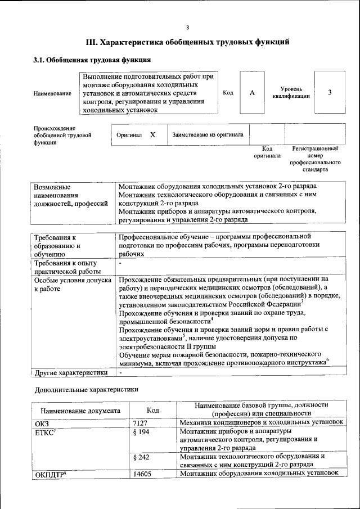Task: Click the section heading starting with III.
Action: pos(187,42)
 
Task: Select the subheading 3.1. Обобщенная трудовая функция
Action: pos(92,60)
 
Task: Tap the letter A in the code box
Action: pos(253,93)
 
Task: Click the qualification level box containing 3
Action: pos(330,93)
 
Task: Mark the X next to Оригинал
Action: pos(152,135)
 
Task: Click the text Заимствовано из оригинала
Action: pos(208,135)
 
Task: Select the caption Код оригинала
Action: pos(267,152)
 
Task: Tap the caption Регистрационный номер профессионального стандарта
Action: pos(315,159)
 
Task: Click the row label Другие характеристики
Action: pos(70,372)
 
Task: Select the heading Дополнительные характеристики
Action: pos(85,389)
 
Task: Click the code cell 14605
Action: pos(142,473)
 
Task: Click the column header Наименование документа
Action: pos(80,411)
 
